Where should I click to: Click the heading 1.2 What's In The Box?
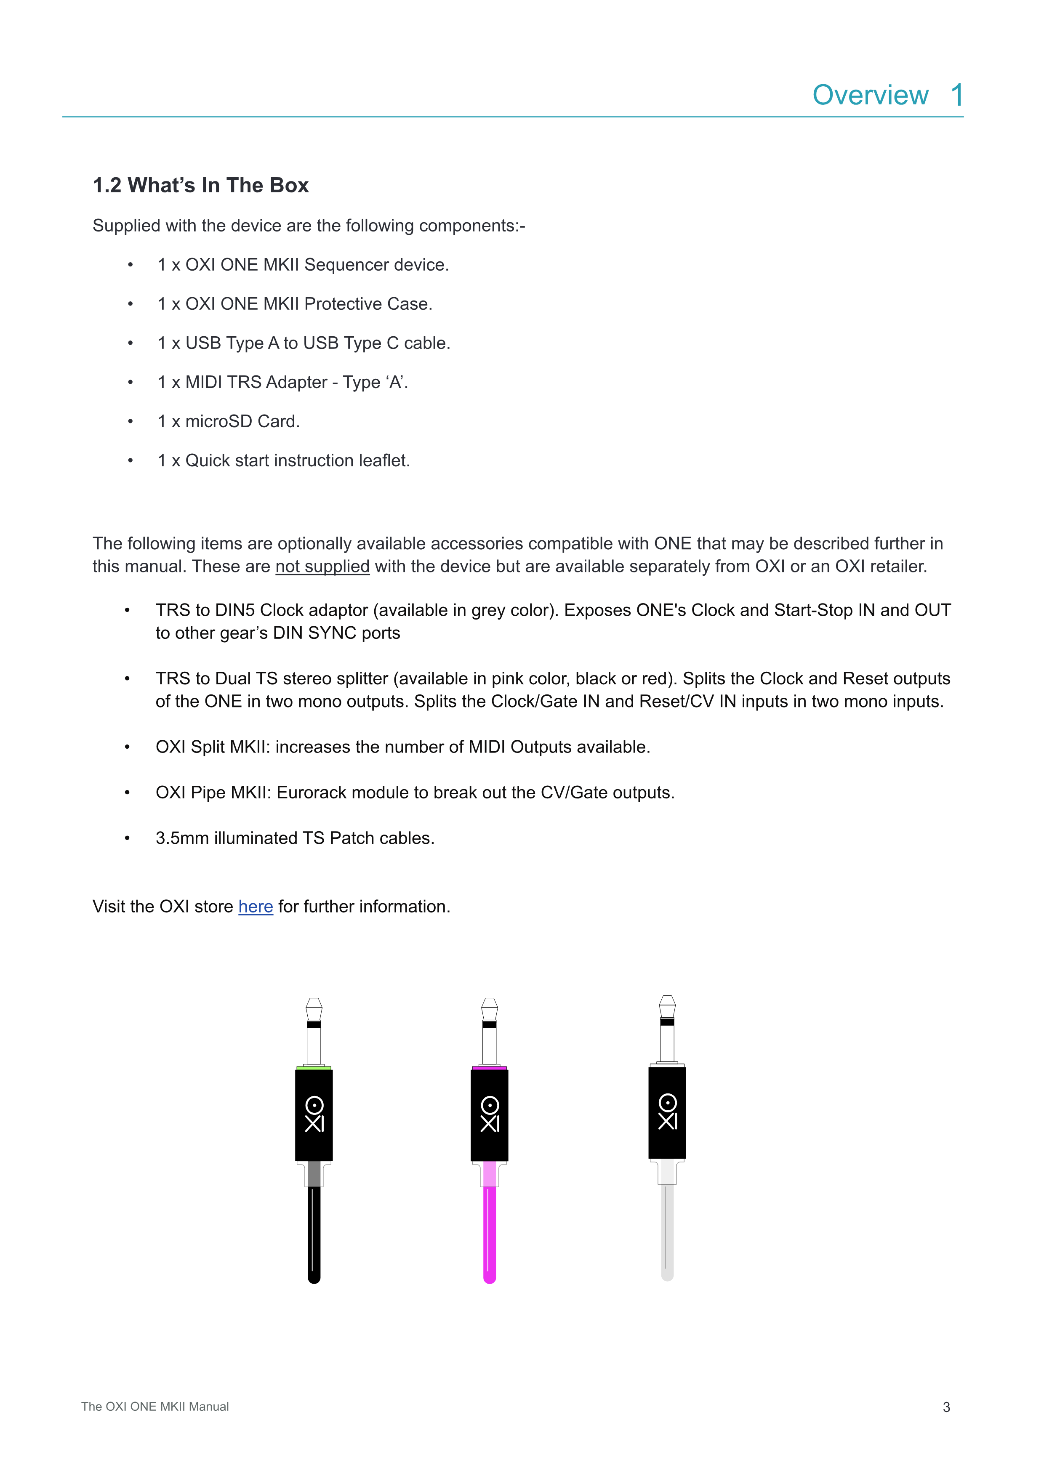(200, 185)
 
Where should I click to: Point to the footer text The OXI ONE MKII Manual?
(155, 1407)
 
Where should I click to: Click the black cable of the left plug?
(314, 1234)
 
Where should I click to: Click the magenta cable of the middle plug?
(489, 1234)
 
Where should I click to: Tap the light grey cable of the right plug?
(667, 1231)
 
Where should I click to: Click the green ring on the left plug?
(314, 1068)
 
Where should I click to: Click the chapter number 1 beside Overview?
(956, 95)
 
